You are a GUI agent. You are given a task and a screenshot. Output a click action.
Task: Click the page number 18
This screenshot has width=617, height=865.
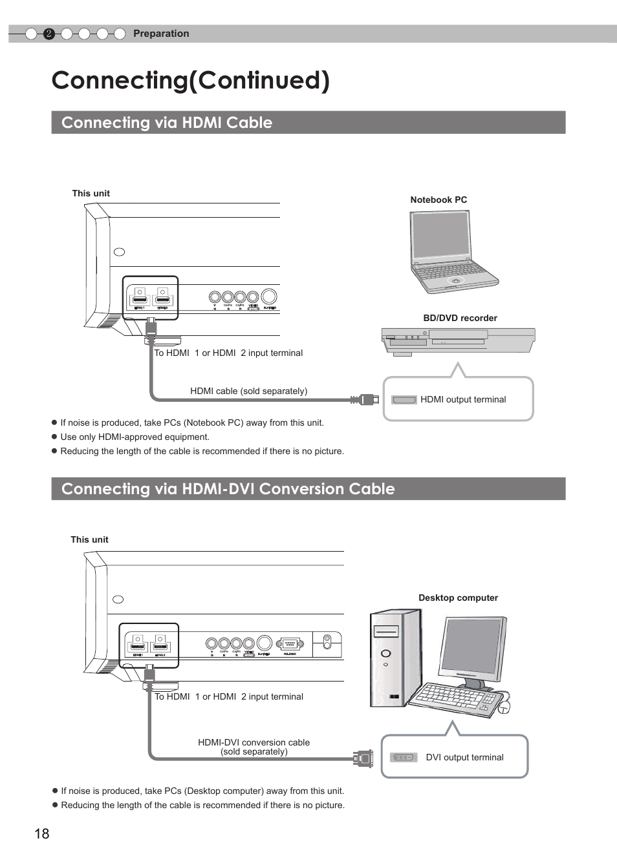42,833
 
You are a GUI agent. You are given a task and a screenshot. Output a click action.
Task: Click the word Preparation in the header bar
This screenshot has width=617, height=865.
161,34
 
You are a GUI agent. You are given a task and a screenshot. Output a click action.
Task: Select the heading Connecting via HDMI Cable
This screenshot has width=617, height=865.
167,123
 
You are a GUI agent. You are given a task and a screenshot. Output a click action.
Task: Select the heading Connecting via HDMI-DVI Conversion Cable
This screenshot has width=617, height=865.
228,489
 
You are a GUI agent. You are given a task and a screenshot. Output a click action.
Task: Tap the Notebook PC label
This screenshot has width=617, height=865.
438,200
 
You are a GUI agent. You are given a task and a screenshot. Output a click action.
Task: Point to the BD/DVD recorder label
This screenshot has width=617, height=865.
460,318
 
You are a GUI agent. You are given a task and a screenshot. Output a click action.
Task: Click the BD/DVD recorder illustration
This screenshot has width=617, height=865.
458,340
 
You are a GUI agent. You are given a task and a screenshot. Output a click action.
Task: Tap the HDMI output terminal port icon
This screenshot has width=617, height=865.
404,400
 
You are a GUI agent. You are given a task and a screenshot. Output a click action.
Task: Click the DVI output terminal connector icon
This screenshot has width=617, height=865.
404,757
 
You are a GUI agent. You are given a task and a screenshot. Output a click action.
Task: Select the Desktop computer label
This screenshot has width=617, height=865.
458,598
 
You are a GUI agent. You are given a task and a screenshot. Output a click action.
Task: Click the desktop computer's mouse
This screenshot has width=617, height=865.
504,707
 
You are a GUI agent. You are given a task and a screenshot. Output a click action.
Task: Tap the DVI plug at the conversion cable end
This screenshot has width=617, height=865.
364,758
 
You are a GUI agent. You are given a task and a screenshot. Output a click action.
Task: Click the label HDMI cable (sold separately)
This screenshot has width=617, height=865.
248,391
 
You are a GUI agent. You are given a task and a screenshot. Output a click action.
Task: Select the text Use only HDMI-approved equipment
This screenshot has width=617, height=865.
135,437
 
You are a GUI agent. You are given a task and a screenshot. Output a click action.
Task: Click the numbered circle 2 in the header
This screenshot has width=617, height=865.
49,34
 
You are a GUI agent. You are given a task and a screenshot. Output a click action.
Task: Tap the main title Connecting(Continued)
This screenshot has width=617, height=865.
191,80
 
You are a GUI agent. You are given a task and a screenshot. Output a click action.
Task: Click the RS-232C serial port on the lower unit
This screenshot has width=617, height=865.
289,644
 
